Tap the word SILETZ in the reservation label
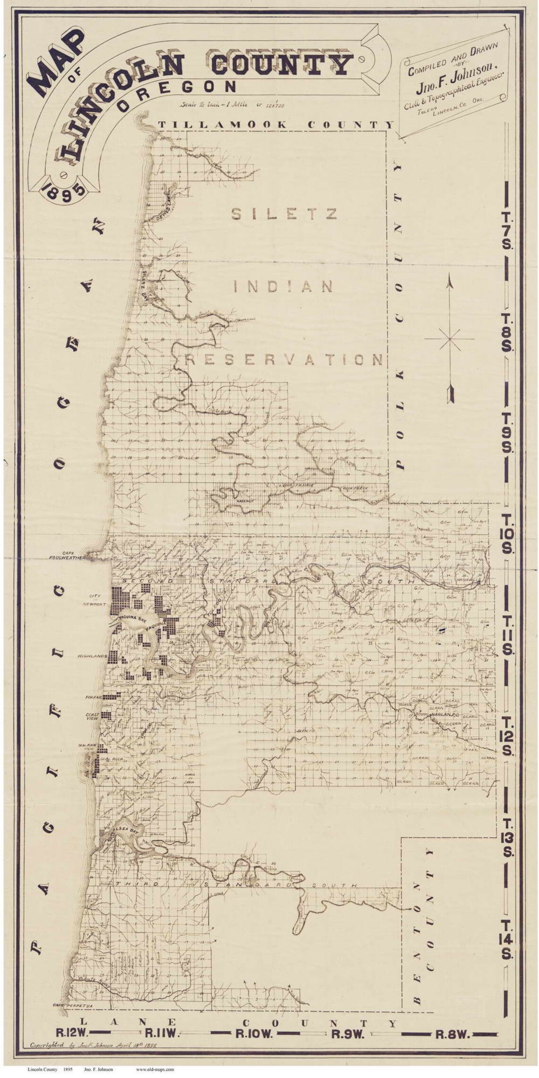coord(284,214)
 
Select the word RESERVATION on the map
coord(284,360)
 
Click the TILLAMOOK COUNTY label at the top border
coord(276,124)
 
